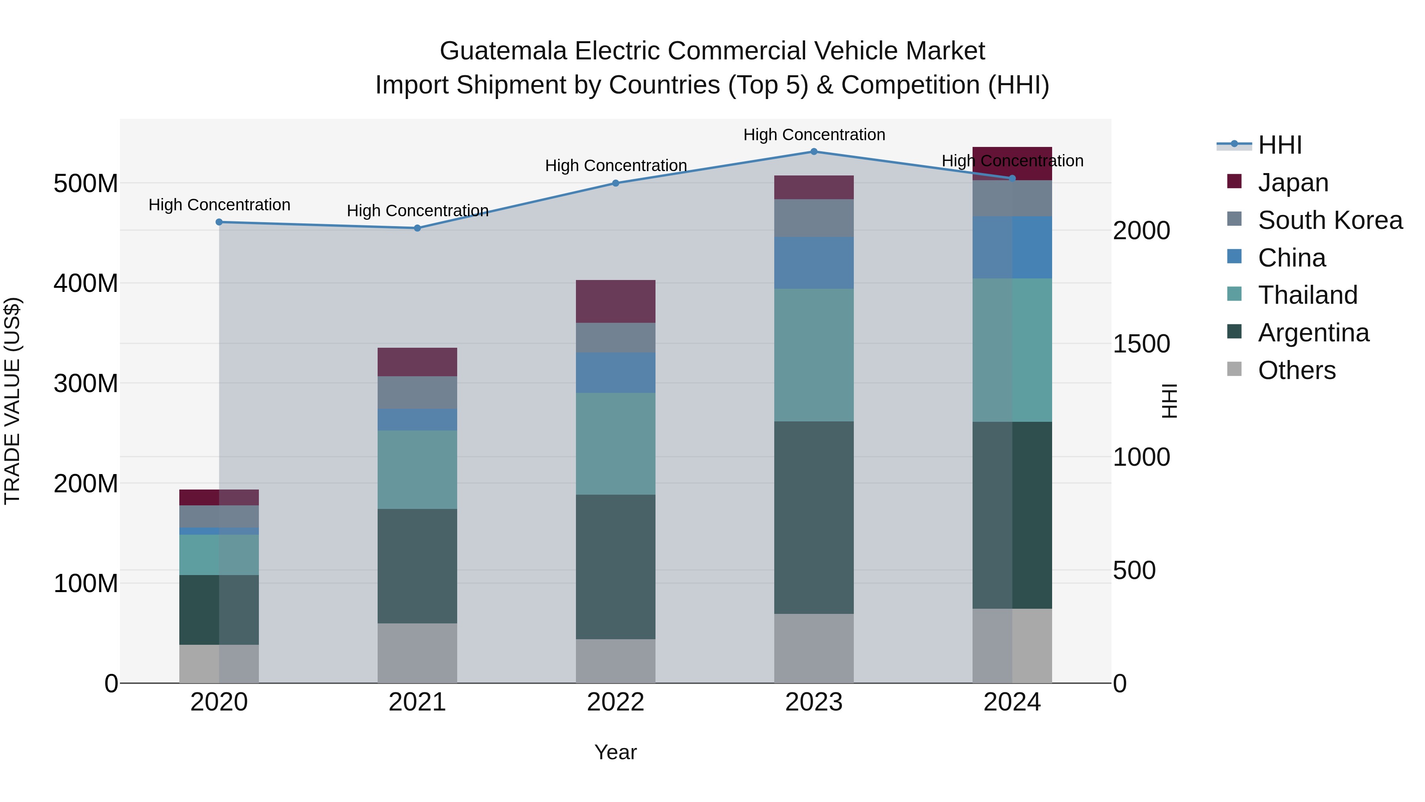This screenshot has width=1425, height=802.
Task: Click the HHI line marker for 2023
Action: pyautogui.click(x=814, y=152)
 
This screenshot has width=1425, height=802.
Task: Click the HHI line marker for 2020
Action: pyautogui.click(x=219, y=222)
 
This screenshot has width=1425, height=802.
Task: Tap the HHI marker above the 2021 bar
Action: pyautogui.click(x=418, y=228)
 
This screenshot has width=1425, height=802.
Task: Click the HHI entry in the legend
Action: pyautogui.click(x=1279, y=145)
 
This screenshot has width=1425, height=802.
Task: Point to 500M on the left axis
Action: pyautogui.click(x=86, y=183)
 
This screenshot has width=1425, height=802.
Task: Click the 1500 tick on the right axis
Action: pyautogui.click(x=1141, y=344)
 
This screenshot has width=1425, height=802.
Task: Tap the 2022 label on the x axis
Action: pyautogui.click(x=615, y=702)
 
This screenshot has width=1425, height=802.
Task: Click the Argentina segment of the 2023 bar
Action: pyautogui.click(x=814, y=518)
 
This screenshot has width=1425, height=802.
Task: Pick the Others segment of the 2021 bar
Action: pyautogui.click(x=417, y=653)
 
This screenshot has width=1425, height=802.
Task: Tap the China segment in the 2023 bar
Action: pyautogui.click(x=814, y=263)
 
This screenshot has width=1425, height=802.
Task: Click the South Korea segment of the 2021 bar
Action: pyautogui.click(x=417, y=392)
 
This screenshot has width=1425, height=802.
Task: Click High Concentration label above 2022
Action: pyautogui.click(x=616, y=166)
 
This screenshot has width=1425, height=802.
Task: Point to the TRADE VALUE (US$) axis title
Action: pyautogui.click(x=12, y=401)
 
